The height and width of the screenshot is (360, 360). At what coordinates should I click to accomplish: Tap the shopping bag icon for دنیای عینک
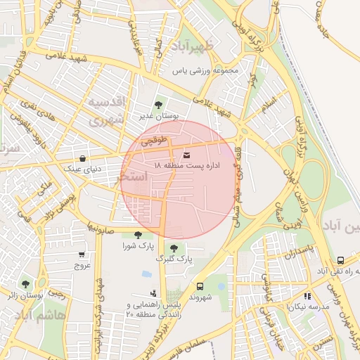84,158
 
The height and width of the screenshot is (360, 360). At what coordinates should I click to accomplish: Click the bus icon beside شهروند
200,286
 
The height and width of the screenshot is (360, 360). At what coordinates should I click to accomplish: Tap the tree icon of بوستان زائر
26,284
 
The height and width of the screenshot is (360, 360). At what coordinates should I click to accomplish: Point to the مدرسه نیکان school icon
307,296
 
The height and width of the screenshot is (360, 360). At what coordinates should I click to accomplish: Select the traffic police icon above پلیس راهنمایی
153,293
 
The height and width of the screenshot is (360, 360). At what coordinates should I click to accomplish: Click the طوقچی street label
154,141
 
